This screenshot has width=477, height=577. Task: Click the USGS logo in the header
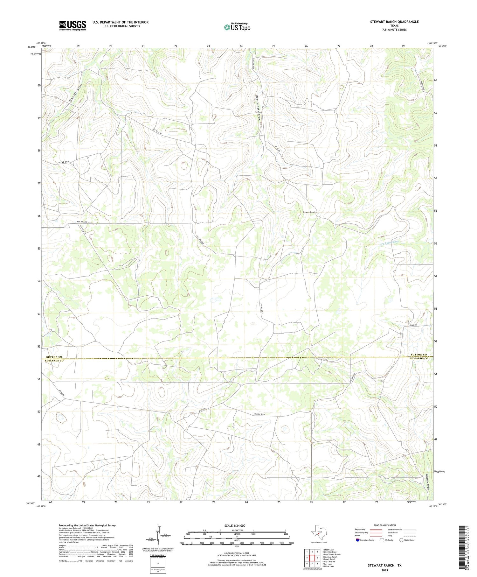(x=73, y=25)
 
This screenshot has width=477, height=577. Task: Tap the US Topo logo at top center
(x=237, y=27)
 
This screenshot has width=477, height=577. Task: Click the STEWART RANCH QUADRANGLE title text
(x=394, y=22)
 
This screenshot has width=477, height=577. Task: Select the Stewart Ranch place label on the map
(x=309, y=212)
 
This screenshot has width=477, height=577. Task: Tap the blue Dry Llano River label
(x=389, y=242)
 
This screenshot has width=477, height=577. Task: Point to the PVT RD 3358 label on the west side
(x=82, y=222)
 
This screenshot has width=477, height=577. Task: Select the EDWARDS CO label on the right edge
(x=418, y=359)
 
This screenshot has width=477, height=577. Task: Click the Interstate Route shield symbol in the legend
(x=358, y=540)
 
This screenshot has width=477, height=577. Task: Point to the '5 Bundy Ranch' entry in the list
(x=329, y=559)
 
